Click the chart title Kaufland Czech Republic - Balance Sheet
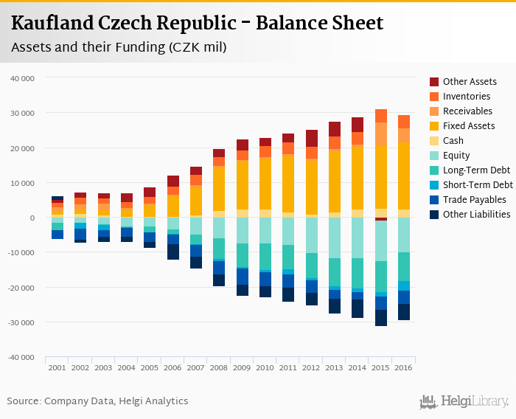click(x=197, y=23)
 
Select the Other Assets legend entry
click(x=469, y=82)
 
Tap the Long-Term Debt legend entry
click(x=475, y=170)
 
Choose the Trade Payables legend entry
click(x=474, y=200)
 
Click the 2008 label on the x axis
click(x=219, y=367)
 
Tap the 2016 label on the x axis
click(x=402, y=367)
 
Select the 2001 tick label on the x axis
click(x=57, y=367)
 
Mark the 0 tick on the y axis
click(x=33, y=218)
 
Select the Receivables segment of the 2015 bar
click(x=380, y=134)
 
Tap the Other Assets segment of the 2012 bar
click(x=312, y=138)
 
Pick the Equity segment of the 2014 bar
click(x=358, y=238)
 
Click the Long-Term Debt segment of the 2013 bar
click(x=335, y=271)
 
